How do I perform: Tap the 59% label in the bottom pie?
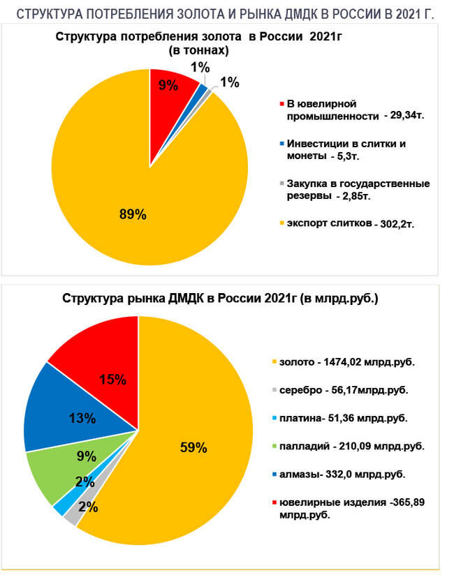tap(193, 448)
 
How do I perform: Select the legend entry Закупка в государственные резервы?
tap(353, 190)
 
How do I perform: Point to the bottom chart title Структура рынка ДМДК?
tap(221, 299)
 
